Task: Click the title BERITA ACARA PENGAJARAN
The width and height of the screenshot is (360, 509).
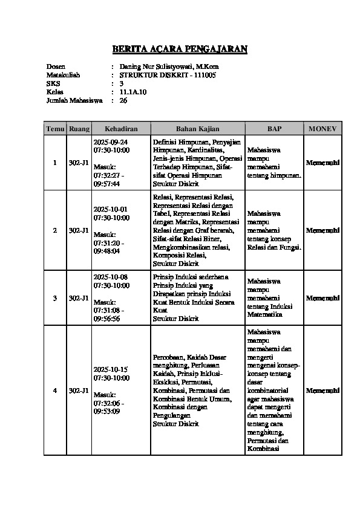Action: [180, 50]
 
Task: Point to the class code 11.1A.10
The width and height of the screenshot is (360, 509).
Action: [133, 92]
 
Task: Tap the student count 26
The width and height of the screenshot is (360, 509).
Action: [123, 100]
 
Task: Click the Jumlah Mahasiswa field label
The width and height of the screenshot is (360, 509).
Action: [73, 100]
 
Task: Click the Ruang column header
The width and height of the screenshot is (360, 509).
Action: [79, 129]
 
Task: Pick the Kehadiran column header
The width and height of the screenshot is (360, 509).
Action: [121, 129]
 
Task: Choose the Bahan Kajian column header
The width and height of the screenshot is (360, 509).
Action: [197, 129]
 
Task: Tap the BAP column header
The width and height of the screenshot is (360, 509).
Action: [274, 129]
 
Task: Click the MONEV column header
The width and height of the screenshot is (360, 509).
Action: [322, 129]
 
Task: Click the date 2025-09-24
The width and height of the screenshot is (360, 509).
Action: [110, 141]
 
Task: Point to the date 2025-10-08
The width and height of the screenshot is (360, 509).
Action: [110, 277]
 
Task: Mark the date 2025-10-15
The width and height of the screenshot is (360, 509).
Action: [110, 369]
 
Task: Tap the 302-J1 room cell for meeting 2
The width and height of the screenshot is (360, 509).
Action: [79, 230]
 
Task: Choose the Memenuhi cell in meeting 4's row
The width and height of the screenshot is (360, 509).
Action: [322, 391]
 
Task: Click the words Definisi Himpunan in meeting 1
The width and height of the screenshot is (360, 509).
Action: [175, 141]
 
